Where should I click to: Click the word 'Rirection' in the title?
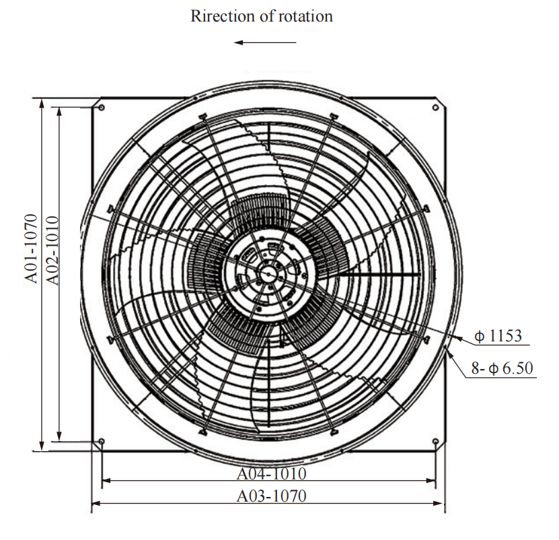click(223, 16)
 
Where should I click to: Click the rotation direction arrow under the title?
click(265, 42)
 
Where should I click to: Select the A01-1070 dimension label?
click(32, 248)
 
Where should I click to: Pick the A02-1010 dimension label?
click(52, 250)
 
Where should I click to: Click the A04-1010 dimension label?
click(271, 473)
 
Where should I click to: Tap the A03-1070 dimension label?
click(271, 496)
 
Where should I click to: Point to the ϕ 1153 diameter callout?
click(498, 335)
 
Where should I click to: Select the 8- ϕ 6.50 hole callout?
click(502, 368)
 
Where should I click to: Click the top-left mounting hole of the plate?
click(102, 108)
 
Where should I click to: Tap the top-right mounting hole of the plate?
click(435, 108)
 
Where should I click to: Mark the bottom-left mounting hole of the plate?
click(102, 442)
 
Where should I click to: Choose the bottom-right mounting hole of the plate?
click(435, 442)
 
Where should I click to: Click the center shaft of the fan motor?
click(268, 274)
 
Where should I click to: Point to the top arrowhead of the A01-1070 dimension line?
click(42, 103)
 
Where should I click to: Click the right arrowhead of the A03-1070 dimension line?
click(439, 503)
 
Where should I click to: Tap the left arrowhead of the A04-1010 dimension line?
click(106, 481)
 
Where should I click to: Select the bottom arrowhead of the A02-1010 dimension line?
click(59, 437)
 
